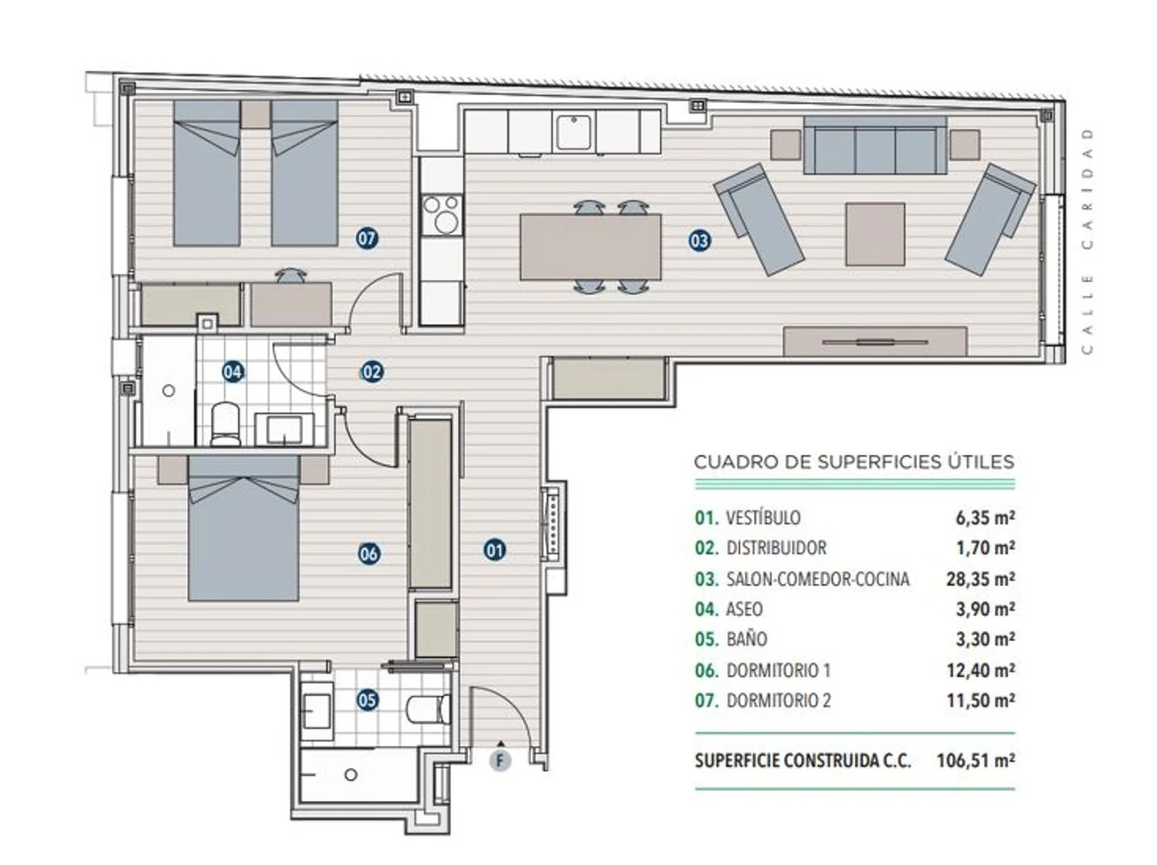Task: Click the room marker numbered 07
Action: [x=367, y=239]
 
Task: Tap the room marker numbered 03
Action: [x=699, y=241]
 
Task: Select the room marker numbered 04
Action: [x=233, y=372]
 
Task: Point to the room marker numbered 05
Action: [x=367, y=700]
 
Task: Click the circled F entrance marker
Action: [x=500, y=760]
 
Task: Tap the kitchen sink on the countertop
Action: [x=573, y=131]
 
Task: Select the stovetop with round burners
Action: [x=442, y=214]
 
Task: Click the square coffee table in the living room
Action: [x=875, y=234]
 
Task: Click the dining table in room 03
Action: [x=590, y=247]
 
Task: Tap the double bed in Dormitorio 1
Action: [x=244, y=528]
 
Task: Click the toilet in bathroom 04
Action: [x=225, y=424]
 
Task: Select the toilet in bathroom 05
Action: [x=428, y=709]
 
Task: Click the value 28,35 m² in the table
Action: [x=981, y=579]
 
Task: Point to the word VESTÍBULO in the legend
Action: [x=763, y=518]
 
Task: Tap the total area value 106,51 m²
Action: [x=976, y=761]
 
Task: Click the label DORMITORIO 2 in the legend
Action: [x=779, y=701]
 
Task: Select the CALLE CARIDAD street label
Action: [x=1087, y=241]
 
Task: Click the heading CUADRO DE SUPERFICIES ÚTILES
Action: [x=854, y=462]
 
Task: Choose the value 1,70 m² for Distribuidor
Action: [x=985, y=548]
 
